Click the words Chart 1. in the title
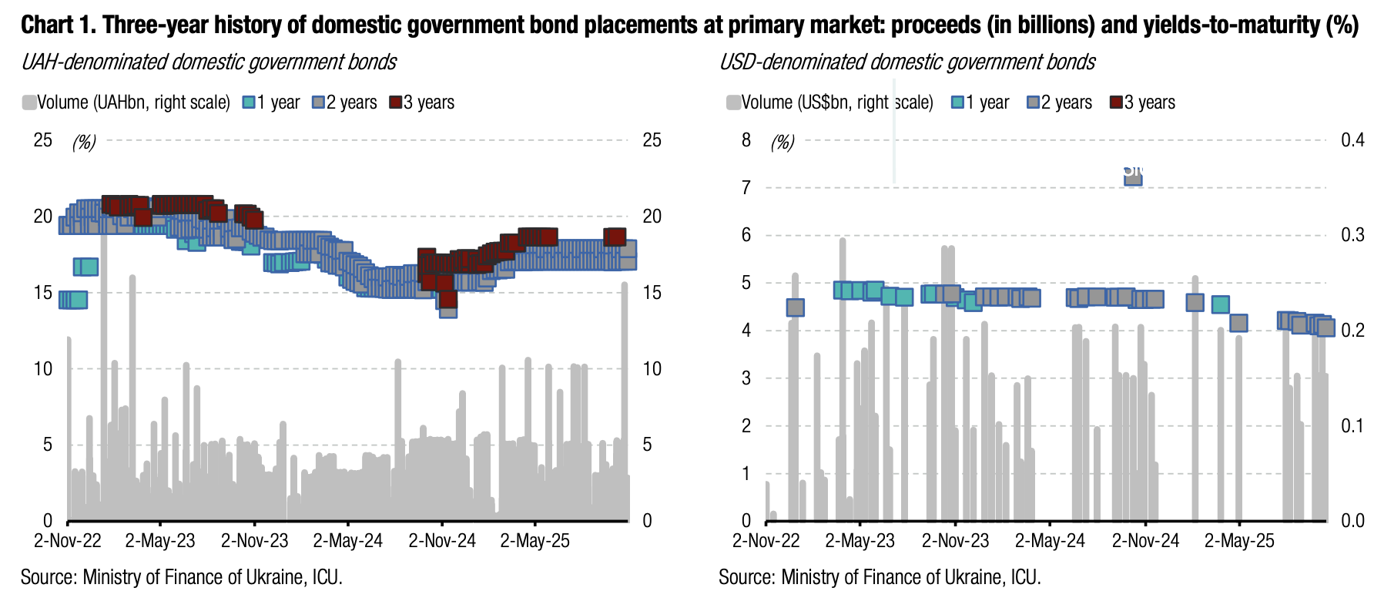(x=59, y=25)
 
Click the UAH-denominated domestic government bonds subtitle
(x=209, y=62)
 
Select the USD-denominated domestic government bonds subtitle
(x=906, y=62)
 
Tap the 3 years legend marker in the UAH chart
(x=396, y=102)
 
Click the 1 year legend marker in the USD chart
(x=958, y=102)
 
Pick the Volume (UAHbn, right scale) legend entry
(x=126, y=102)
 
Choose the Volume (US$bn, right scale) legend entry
(x=829, y=102)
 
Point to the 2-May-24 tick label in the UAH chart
(x=348, y=541)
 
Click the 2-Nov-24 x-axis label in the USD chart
(x=1145, y=541)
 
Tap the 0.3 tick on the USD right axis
(x=1352, y=235)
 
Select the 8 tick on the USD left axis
(x=746, y=139)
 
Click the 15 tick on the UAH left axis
(x=43, y=293)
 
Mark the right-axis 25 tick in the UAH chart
(x=652, y=139)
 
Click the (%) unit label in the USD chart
(x=782, y=143)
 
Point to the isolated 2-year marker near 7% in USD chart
(x=1133, y=176)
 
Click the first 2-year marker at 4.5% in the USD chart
(x=796, y=307)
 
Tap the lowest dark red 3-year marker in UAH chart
(x=447, y=299)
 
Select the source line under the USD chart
(x=880, y=577)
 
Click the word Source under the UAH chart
(x=47, y=577)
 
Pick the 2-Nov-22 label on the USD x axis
(x=766, y=541)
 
